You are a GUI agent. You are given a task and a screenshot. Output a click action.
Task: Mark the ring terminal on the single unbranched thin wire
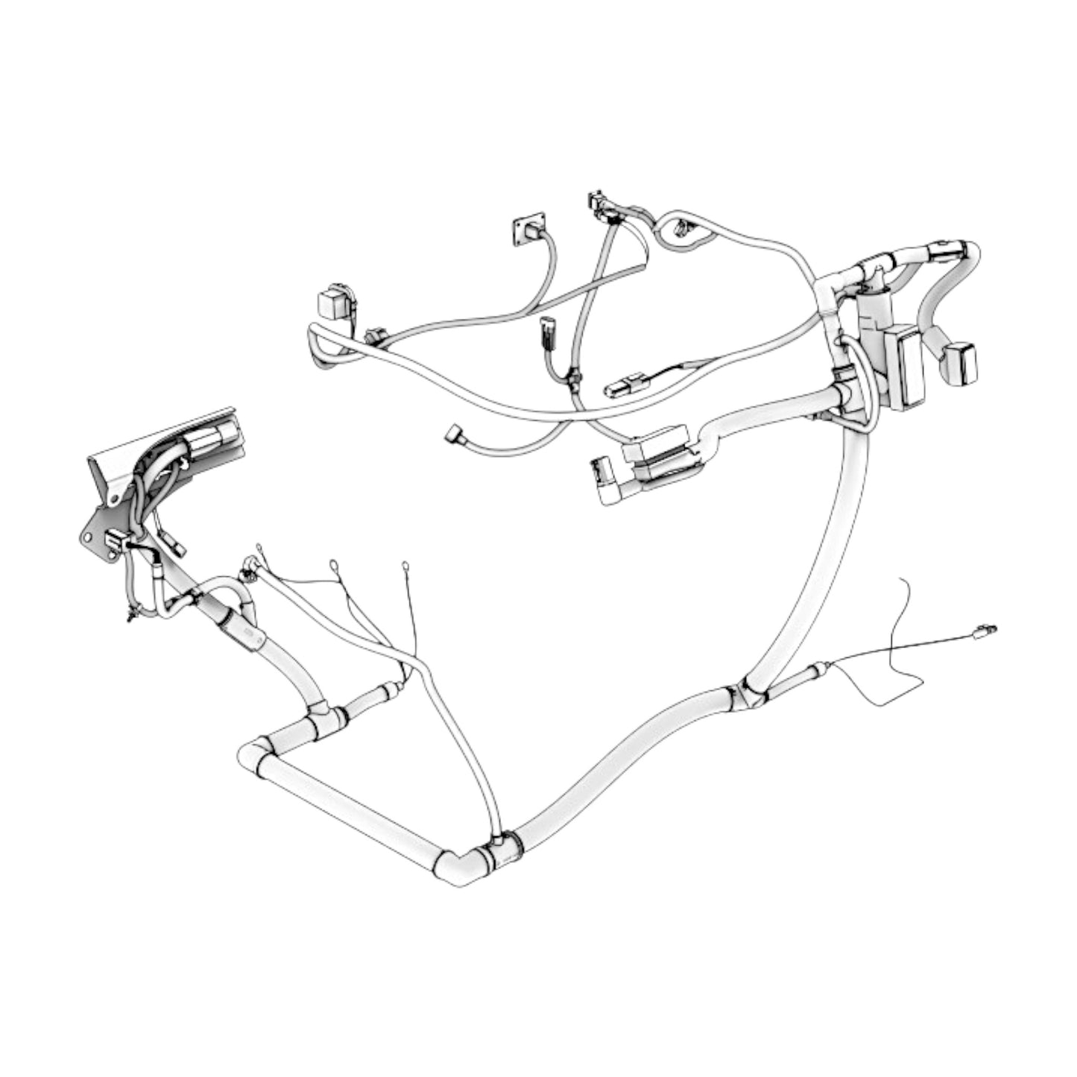pos(405,566)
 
